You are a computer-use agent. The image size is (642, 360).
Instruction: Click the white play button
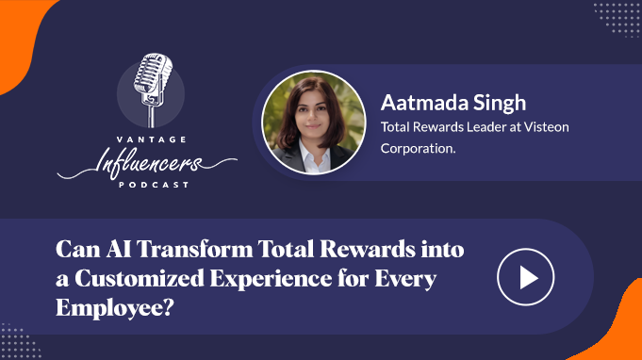pyautogui.click(x=525, y=277)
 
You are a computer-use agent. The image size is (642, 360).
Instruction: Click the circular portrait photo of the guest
pyautogui.click(x=313, y=116)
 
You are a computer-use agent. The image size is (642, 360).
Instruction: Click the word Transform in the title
pyautogui.click(x=191, y=252)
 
